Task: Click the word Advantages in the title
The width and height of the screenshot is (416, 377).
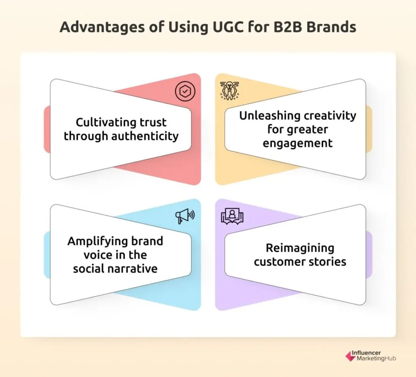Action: (102, 27)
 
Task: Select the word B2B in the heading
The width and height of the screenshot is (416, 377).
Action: (287, 27)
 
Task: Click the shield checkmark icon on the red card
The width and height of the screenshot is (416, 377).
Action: (185, 91)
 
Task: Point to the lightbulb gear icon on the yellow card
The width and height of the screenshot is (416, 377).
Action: (230, 91)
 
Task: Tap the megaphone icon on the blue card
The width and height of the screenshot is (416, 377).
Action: (185, 216)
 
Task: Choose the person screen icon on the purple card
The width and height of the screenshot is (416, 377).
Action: (232, 216)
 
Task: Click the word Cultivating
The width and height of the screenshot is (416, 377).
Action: (106, 122)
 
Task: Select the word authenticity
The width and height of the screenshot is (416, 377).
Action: (145, 136)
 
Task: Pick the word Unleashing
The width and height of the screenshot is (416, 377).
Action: (269, 116)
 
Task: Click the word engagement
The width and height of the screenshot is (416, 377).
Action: (297, 144)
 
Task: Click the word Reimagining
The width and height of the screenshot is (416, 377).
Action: (300, 248)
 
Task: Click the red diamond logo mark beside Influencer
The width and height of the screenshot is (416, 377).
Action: (350, 356)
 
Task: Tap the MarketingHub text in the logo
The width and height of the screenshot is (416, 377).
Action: (376, 358)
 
